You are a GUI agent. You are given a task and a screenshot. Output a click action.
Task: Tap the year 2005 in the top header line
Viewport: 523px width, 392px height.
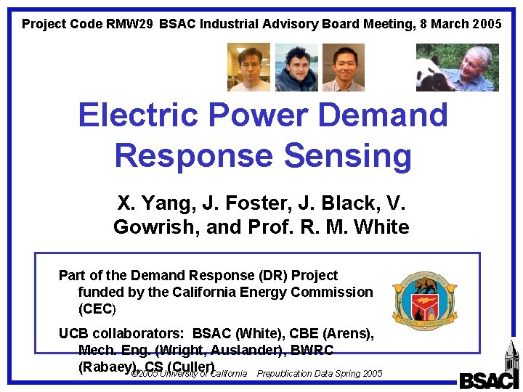[486, 24]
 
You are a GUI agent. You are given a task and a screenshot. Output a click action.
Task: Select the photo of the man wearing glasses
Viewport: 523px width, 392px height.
[248, 67]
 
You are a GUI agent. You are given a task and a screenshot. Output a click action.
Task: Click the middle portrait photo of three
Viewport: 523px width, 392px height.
[296, 68]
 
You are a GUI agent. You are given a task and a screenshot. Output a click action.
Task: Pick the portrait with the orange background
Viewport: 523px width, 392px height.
[343, 68]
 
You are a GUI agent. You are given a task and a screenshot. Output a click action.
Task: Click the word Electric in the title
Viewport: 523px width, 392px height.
[138, 115]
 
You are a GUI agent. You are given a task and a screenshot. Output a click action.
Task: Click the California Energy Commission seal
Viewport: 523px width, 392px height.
[425, 296]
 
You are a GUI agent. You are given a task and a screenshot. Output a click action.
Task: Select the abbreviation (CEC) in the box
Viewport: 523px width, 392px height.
[97, 309]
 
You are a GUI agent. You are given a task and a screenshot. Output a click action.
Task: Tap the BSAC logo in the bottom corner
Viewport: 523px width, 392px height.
[489, 380]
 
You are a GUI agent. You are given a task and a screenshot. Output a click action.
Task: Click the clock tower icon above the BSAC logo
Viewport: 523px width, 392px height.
[511, 356]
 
